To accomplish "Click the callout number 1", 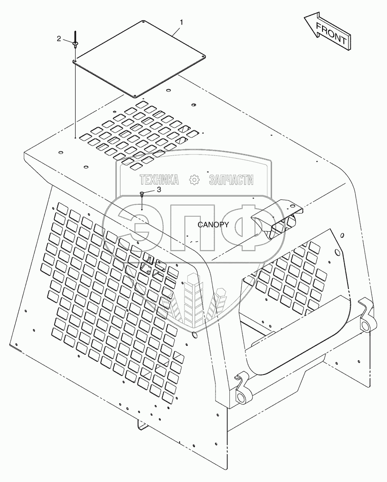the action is (x=181, y=22).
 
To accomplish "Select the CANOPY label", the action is (x=214, y=225).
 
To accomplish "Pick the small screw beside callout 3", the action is (x=142, y=194).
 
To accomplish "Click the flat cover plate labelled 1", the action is (x=139, y=58).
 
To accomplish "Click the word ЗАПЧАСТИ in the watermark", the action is (x=231, y=180).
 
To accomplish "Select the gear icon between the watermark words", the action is (x=194, y=180).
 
